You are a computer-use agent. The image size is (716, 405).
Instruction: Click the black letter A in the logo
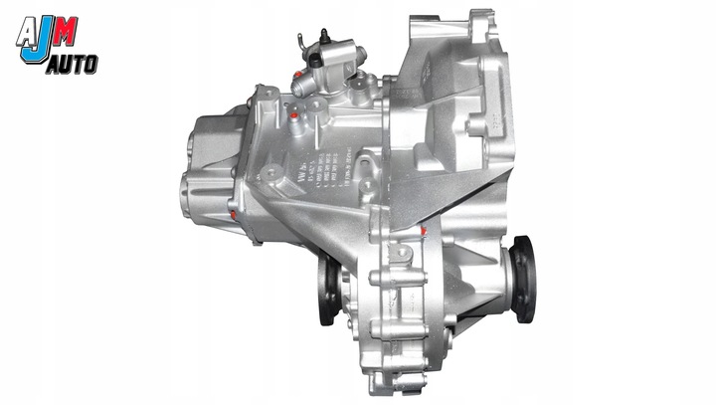28,32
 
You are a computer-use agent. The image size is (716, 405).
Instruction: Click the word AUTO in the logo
71,62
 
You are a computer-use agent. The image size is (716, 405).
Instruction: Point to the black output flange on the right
523,284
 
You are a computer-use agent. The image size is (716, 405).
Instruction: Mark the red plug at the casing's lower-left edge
232,214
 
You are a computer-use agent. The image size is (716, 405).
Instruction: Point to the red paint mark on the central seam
424,232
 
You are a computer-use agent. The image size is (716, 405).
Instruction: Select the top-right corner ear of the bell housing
483,18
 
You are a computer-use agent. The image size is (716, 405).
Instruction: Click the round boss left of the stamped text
269,175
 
